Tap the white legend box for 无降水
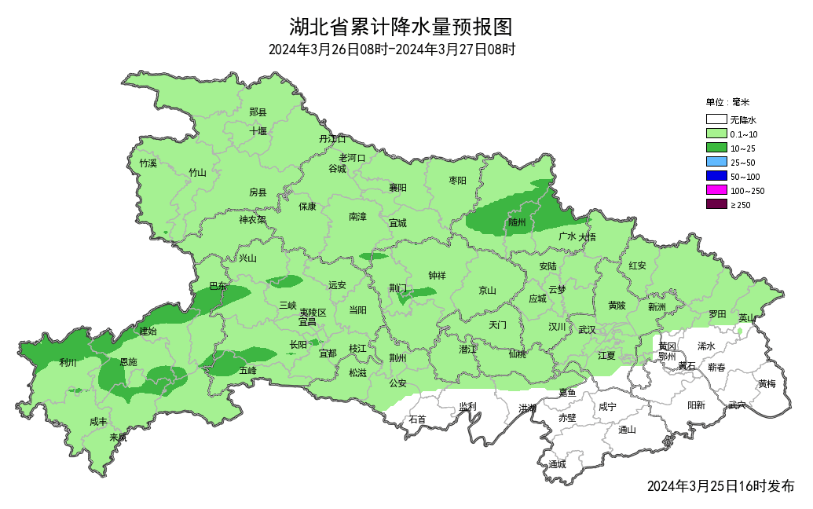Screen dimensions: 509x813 click(x=716, y=120)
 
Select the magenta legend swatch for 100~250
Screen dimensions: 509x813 click(x=716, y=190)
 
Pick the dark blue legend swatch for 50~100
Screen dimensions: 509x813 click(x=716, y=176)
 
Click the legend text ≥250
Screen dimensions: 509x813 click(x=741, y=205)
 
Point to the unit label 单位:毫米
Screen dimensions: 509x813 click(x=727, y=102)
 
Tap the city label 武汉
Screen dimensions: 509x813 click(x=587, y=330)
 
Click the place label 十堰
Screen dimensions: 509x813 click(x=258, y=131)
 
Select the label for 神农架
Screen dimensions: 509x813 click(x=253, y=220)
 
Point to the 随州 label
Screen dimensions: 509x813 click(x=517, y=222)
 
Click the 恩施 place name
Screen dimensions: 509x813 click(x=127, y=362)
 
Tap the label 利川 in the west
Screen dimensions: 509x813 click(x=68, y=363)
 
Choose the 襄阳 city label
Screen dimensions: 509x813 click(x=397, y=188)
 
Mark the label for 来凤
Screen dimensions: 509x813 click(x=118, y=438)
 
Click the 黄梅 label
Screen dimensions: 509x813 click(x=767, y=383)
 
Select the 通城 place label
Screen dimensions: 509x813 click(x=557, y=464)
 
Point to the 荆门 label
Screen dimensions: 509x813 click(x=398, y=288)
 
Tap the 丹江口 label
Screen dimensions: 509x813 click(x=331, y=138)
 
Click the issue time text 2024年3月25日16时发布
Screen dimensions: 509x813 click(x=720, y=486)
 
